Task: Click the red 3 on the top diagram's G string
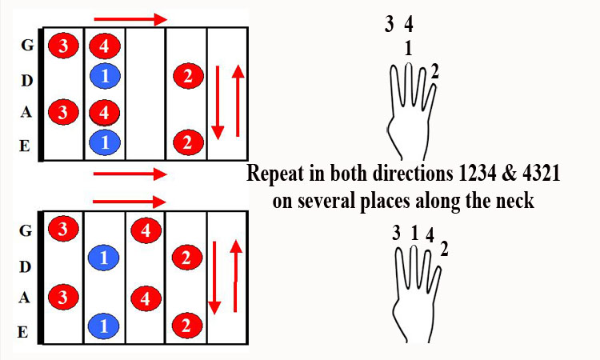coord(63,46)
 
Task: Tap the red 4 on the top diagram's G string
coord(105,46)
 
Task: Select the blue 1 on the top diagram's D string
coord(106,76)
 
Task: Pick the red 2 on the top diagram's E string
coord(188,142)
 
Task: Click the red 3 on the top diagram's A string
coord(63,112)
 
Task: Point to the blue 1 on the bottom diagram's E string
coord(104,326)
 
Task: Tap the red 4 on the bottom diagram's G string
coord(146,230)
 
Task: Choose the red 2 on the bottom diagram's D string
coord(186,258)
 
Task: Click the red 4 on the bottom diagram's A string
coord(146,298)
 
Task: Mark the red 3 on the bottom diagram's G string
coord(63,229)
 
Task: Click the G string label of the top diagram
coord(27,45)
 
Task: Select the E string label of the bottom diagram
coord(23,332)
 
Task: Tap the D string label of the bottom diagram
coord(25,266)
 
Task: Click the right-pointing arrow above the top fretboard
coord(130,18)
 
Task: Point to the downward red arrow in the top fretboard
coord(218,102)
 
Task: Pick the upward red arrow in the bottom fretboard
coord(236,276)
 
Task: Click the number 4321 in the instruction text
coord(541,174)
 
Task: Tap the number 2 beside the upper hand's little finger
coord(434,71)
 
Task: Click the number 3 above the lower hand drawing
coord(397,233)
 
